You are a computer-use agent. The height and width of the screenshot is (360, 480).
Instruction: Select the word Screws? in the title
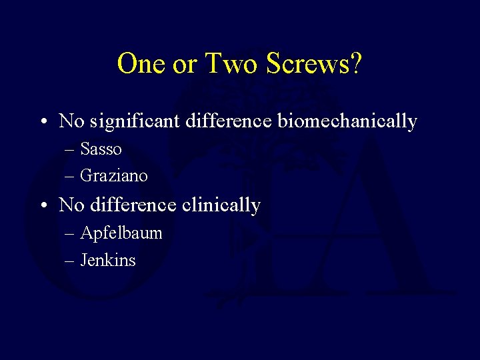coord(314,65)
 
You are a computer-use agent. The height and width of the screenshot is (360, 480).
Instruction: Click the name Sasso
coord(101,149)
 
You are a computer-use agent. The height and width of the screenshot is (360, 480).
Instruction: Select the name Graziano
coord(113,176)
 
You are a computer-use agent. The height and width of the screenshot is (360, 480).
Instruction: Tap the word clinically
coord(221,205)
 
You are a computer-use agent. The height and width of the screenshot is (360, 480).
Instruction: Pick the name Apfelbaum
coord(121,233)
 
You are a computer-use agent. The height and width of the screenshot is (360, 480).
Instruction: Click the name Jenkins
coord(107,260)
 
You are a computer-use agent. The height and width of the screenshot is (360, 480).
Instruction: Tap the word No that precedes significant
coord(69,121)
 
